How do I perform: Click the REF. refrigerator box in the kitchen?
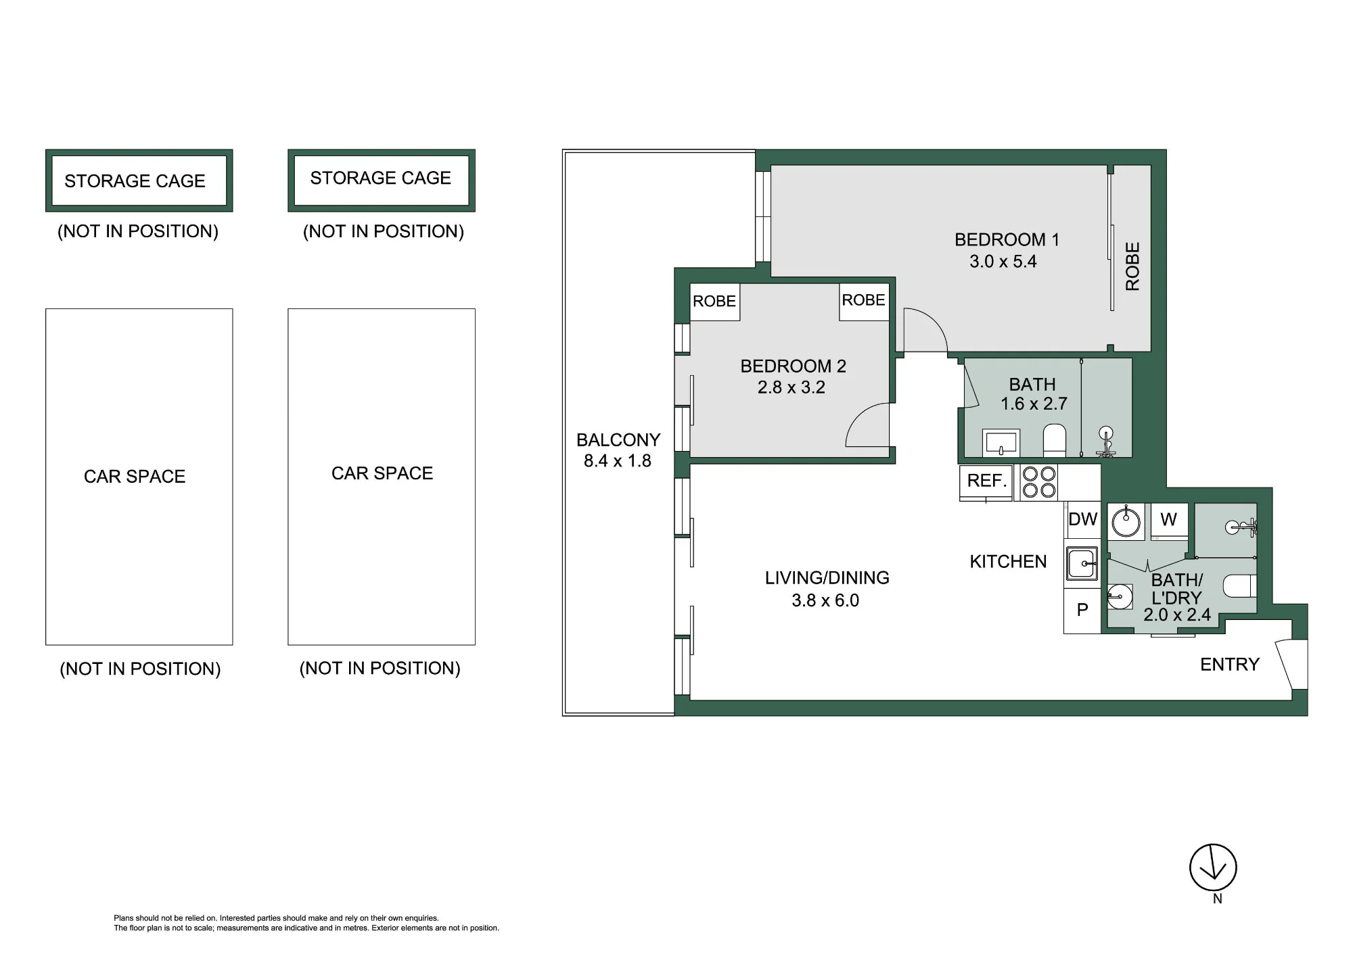pyautogui.click(x=986, y=481)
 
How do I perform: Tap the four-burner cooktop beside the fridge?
pyautogui.click(x=1038, y=482)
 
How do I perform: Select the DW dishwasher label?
pyautogui.click(x=1082, y=519)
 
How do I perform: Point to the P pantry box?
pyautogui.click(x=1082, y=611)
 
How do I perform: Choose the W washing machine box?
pyautogui.click(x=1169, y=520)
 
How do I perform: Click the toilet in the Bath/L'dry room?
pyautogui.click(x=1239, y=586)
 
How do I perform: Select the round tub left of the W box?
pyautogui.click(x=1126, y=521)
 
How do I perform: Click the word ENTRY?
pyautogui.click(x=1229, y=665)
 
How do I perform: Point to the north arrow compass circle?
pyautogui.click(x=1213, y=867)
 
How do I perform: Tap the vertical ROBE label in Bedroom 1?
pyautogui.click(x=1132, y=266)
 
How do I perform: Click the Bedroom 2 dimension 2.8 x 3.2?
pyautogui.click(x=791, y=387)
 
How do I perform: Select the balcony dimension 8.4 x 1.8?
pyautogui.click(x=617, y=461)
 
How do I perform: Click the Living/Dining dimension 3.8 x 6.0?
pyautogui.click(x=825, y=600)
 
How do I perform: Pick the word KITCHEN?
pyautogui.click(x=1008, y=562)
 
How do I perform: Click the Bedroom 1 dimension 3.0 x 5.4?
pyautogui.click(x=1003, y=262)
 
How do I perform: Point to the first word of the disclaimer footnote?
pyautogui.click(x=124, y=918)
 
